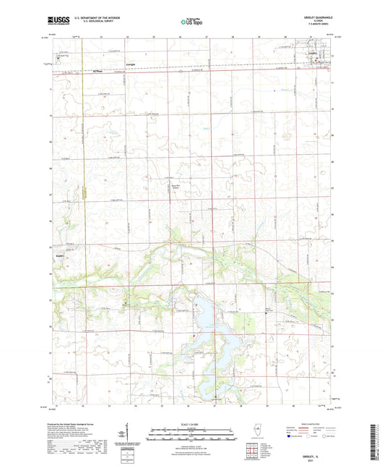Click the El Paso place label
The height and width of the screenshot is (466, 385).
(x=98, y=71)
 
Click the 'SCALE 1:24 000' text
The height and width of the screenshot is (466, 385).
(x=191, y=424)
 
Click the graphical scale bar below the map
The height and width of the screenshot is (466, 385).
(x=191, y=433)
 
